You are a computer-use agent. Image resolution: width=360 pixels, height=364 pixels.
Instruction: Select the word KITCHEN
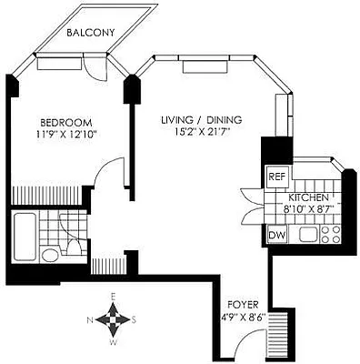tap(308, 197)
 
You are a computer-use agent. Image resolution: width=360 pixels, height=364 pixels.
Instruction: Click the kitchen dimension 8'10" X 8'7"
tap(310, 208)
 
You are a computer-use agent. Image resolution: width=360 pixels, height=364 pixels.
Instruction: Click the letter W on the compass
tap(113, 343)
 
